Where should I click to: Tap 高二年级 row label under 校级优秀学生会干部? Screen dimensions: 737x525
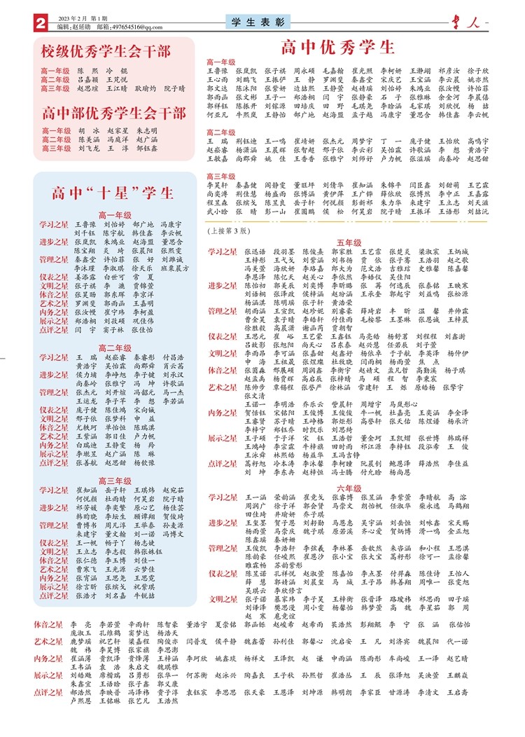click(55, 80)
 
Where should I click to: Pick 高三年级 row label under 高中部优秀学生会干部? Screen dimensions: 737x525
click(55, 149)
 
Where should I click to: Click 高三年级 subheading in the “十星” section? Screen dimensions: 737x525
click(115, 462)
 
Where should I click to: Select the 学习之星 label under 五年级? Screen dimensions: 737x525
click(223, 251)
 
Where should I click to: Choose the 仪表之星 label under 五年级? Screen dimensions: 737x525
click(223, 336)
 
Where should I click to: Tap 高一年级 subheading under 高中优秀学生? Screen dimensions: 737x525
click(221, 62)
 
